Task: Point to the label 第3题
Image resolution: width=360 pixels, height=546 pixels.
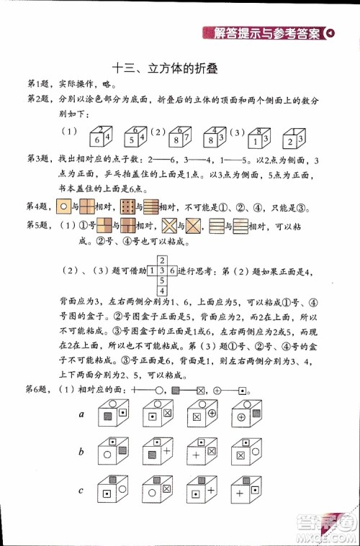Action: pos(38,158)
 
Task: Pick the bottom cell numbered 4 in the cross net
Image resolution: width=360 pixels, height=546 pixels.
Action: pos(162,291)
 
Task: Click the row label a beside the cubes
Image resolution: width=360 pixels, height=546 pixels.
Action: pos(82,415)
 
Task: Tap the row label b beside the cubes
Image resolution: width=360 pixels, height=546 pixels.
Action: pos(82,452)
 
